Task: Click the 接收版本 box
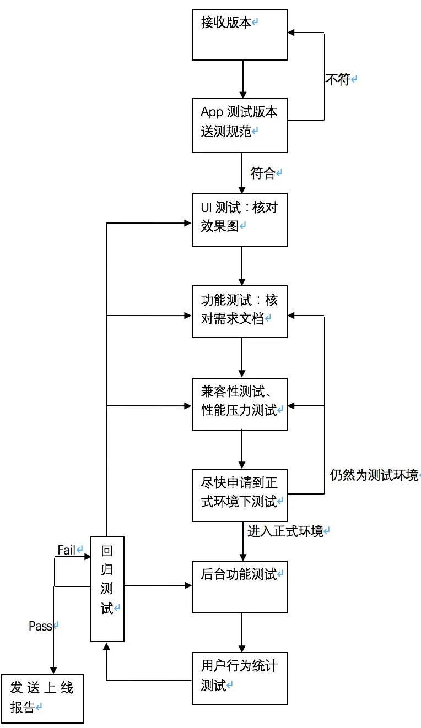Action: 239,34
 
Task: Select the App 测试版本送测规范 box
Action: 239,126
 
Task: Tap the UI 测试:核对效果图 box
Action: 239,219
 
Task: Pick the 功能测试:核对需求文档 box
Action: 239,311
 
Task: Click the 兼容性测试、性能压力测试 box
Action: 239,404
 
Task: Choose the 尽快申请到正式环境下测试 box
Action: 239,495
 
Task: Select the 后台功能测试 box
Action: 239,586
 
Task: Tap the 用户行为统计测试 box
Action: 239,678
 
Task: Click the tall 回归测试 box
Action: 107,589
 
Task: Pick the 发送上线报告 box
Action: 42,698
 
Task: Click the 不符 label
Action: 338,80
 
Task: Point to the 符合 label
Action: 263,173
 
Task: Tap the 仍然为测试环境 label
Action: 374,475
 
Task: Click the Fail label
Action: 67,550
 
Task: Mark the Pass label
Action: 40,626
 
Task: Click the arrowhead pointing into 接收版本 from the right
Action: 292,33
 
